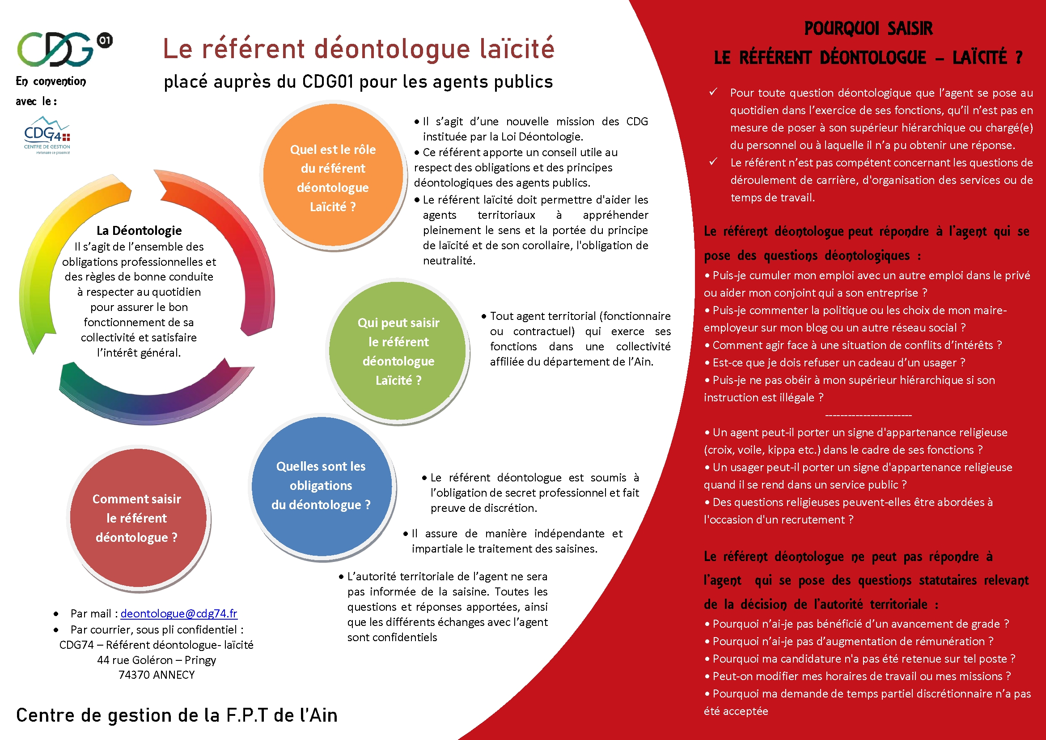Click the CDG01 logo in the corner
pyautogui.click(x=64, y=48)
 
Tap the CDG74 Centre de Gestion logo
pyautogui.click(x=47, y=135)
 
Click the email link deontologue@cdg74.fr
pyautogui.click(x=178, y=613)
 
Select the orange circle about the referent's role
pyautogui.click(x=333, y=178)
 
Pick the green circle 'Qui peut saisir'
pyautogui.click(x=398, y=351)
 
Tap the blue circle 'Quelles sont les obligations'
pyautogui.click(x=321, y=486)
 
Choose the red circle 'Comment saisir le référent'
pyautogui.click(x=137, y=518)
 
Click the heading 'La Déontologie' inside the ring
pyautogui.click(x=139, y=230)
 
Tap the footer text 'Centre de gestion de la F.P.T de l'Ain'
pyautogui.click(x=177, y=715)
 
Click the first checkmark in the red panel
pyautogui.click(x=713, y=92)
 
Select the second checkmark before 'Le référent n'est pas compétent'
pyautogui.click(x=713, y=162)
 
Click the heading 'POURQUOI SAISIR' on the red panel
pyautogui.click(x=868, y=28)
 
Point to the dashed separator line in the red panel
pyautogui.click(x=868, y=415)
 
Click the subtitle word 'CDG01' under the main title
pyautogui.click(x=327, y=82)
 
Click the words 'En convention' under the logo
pyautogui.click(x=51, y=81)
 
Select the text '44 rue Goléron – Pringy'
pyautogui.click(x=156, y=660)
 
